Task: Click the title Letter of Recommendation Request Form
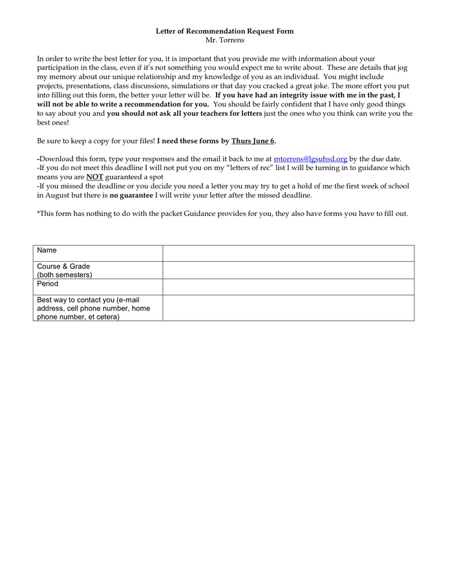coord(224,31)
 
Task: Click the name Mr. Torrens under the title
coord(224,40)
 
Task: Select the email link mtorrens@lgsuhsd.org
coord(310,158)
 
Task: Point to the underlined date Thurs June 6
coord(253,140)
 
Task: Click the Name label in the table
coord(47,250)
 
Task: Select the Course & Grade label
coord(63,266)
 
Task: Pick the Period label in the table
coord(47,284)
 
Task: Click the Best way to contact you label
coord(88,300)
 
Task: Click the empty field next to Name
coord(288,253)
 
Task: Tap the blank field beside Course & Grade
coord(288,270)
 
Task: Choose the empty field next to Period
coord(288,286)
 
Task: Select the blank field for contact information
coord(288,308)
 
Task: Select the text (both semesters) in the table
coord(64,275)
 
